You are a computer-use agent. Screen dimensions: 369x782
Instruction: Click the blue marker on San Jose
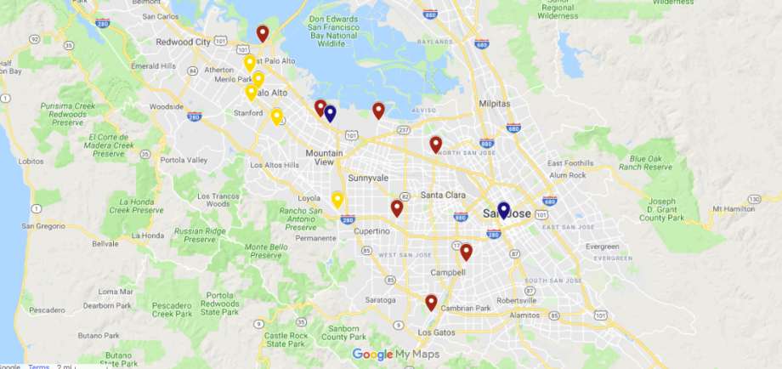click(x=503, y=209)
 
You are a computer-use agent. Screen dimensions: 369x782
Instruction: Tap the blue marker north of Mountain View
click(x=330, y=113)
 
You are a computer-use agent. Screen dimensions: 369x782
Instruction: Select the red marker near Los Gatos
click(x=431, y=302)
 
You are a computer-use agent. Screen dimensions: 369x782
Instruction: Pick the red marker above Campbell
click(x=466, y=251)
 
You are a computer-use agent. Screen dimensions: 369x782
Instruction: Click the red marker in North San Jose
click(x=435, y=144)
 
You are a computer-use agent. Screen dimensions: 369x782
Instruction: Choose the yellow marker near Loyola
click(x=337, y=200)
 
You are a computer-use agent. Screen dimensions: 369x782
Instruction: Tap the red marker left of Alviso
click(x=378, y=110)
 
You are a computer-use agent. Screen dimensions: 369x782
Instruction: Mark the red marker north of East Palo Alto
click(x=263, y=33)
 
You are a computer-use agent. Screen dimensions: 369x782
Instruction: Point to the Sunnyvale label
click(x=368, y=179)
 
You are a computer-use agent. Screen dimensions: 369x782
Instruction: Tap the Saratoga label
click(x=380, y=299)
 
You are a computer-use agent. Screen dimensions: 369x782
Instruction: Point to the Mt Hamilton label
click(x=735, y=208)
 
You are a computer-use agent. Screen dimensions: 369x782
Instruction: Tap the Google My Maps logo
click(x=395, y=355)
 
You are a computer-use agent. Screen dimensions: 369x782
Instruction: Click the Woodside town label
click(x=166, y=107)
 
